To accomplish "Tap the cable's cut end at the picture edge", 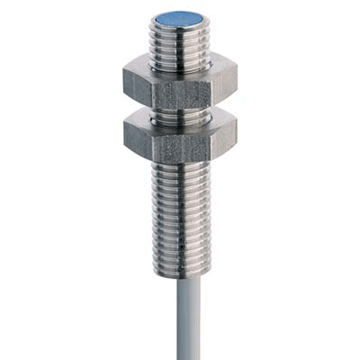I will point(175,356).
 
